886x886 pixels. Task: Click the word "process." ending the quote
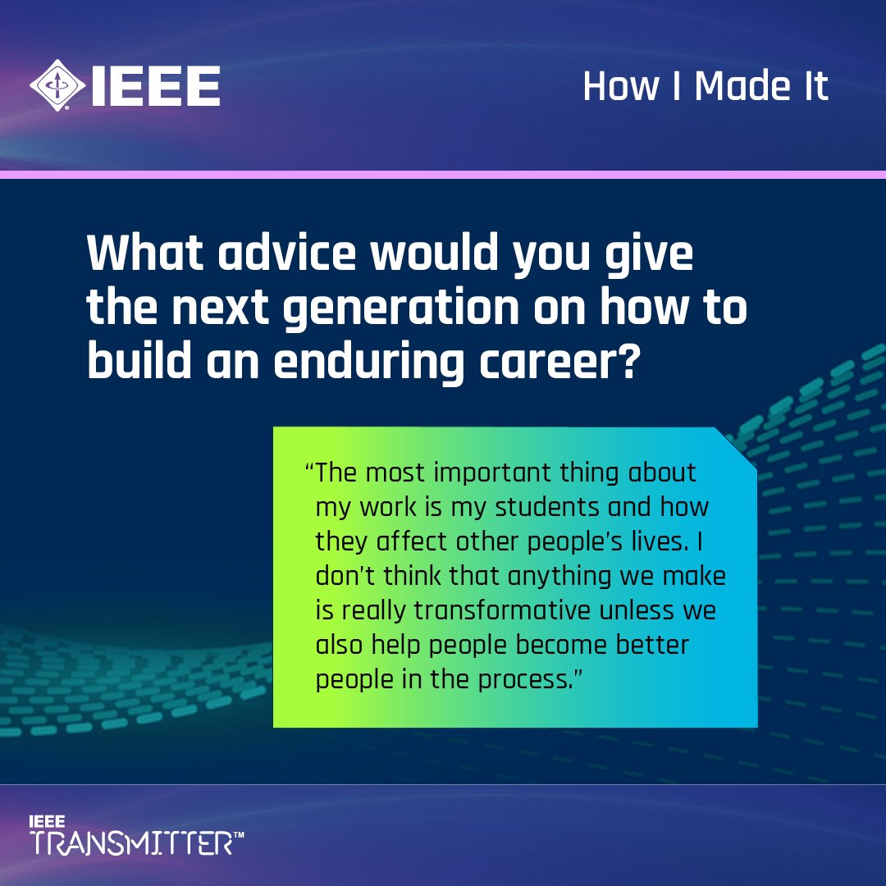pos(526,680)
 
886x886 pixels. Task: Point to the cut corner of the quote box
pos(735,448)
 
